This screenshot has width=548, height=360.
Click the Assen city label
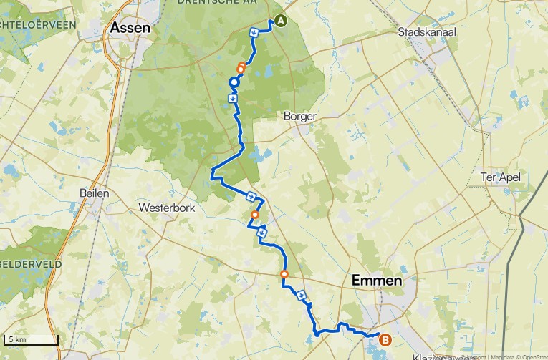pyautogui.click(x=131, y=28)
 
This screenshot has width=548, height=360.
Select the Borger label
pyautogui.click(x=299, y=116)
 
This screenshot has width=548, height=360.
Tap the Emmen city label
pyautogui.click(x=378, y=281)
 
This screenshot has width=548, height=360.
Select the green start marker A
pyautogui.click(x=280, y=21)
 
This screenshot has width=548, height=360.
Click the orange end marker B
pyautogui.click(x=385, y=341)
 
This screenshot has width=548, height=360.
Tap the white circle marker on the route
pyautogui.click(x=234, y=83)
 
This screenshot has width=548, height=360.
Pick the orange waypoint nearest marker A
pyautogui.click(x=241, y=69)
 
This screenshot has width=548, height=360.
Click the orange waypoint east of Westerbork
pyautogui.click(x=255, y=215)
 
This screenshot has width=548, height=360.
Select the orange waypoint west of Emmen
pyautogui.click(x=284, y=274)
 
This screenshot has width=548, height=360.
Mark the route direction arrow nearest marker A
pyautogui.click(x=254, y=32)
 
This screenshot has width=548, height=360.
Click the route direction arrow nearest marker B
pyautogui.click(x=302, y=293)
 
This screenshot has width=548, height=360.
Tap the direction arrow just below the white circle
pyautogui.click(x=233, y=97)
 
